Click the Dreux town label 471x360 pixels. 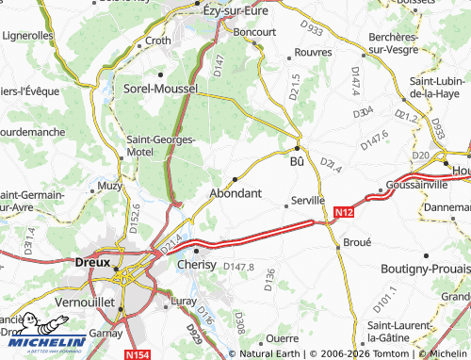(x=93, y=263)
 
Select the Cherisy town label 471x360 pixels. (x=197, y=265)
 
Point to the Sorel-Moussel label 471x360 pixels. (x=161, y=88)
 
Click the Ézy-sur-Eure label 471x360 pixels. (x=237, y=10)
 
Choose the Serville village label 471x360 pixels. (x=307, y=200)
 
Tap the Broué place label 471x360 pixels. (x=357, y=242)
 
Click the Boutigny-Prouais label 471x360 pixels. (x=420, y=269)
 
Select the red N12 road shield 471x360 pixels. (x=344, y=215)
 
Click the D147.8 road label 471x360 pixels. (x=239, y=267)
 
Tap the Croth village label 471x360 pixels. (x=158, y=41)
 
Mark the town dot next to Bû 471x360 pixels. (x=298, y=148)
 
